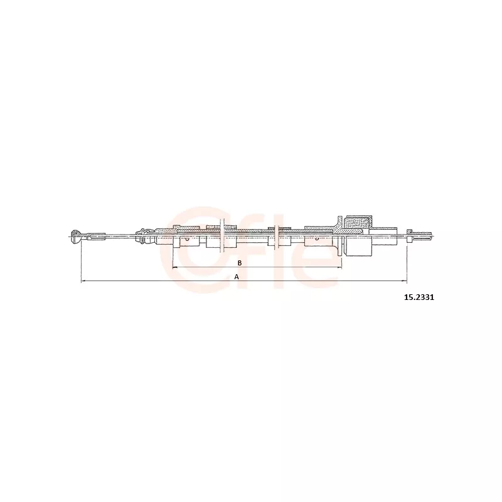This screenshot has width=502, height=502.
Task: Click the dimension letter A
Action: tap(237, 277)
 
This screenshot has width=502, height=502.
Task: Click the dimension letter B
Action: tap(240, 263)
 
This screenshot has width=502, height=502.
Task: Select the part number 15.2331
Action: tap(419, 297)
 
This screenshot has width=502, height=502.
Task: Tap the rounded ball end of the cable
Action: tap(75, 237)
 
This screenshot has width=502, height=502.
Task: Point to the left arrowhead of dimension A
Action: tap(83, 281)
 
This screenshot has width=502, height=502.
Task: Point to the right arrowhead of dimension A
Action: tap(405, 281)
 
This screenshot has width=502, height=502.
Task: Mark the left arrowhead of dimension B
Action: tap(174, 267)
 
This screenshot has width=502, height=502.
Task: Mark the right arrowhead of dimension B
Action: tap(340, 267)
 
